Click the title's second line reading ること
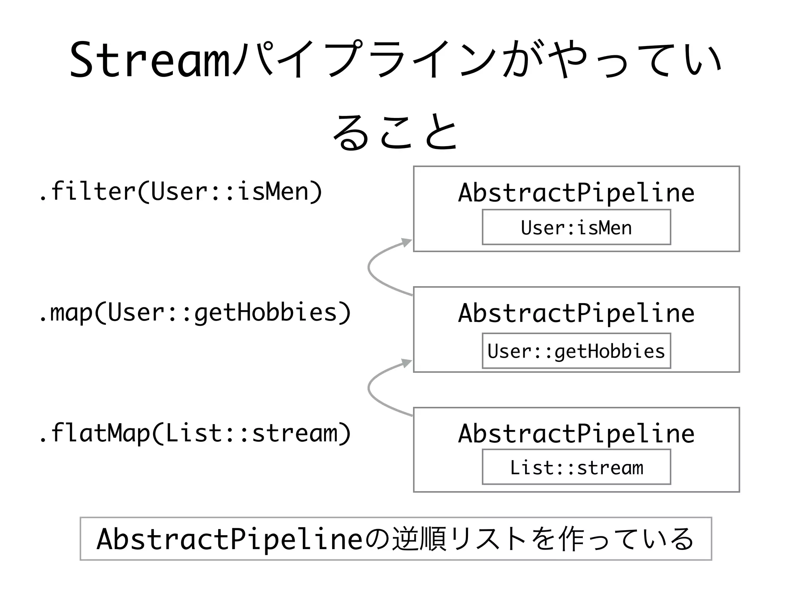click(x=395, y=132)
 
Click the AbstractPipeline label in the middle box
click(x=576, y=313)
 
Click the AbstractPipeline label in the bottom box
click(x=576, y=434)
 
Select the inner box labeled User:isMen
click(x=576, y=227)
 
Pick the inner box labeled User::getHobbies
click(x=576, y=351)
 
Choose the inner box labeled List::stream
click(x=576, y=467)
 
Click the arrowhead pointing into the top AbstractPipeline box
click(x=407, y=242)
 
